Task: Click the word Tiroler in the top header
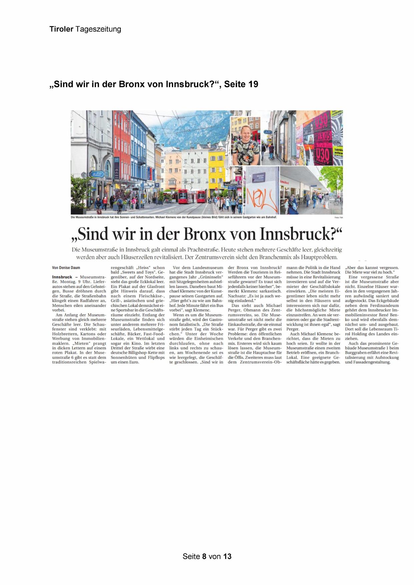click(61, 29)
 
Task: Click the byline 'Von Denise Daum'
click(66, 267)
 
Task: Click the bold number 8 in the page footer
click(204, 556)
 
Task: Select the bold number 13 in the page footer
click(227, 556)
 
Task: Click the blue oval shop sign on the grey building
click(96, 173)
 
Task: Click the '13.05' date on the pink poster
click(323, 136)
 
